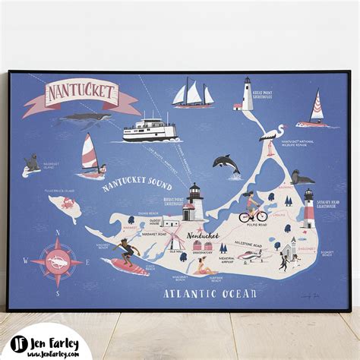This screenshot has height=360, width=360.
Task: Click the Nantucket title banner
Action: click(80, 94)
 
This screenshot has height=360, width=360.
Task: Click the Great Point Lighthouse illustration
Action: click(246, 94)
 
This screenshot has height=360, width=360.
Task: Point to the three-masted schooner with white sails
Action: click(194, 94)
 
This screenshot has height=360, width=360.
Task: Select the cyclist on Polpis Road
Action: click(251, 208)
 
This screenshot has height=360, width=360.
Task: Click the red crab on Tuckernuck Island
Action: click(67, 203)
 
